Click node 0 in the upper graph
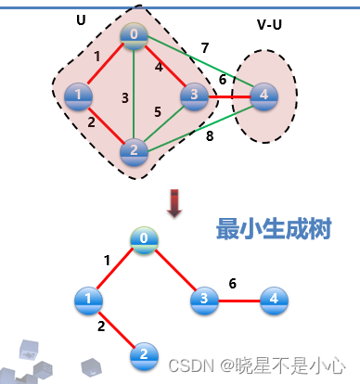135,35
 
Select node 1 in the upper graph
78,95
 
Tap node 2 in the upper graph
133,149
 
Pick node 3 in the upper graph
194,96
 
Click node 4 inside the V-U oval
264,95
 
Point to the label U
80,19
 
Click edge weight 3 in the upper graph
124,97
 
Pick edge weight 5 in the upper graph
158,112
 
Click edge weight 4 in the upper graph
159,67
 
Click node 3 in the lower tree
203,299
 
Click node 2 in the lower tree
143,353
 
